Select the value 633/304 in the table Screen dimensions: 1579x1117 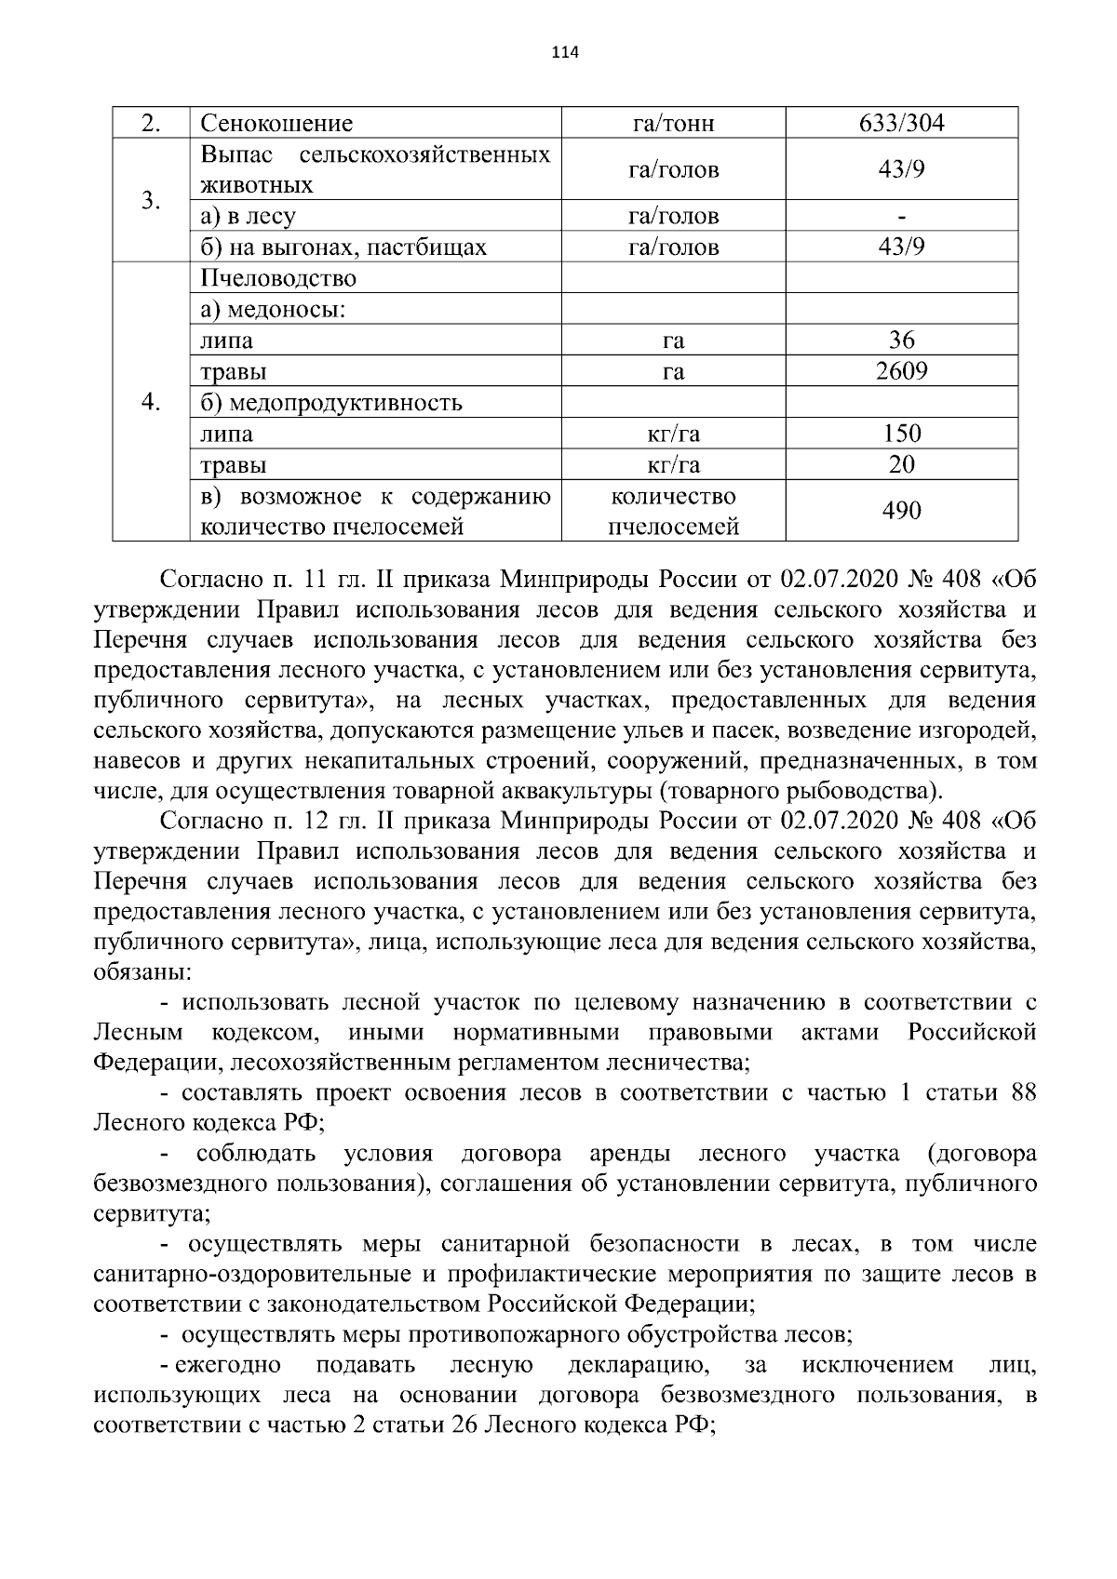901,124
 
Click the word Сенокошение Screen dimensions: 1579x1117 276,124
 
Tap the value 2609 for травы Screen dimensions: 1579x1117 901,371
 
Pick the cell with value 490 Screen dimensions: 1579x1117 901,510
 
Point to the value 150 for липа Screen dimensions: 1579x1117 901,434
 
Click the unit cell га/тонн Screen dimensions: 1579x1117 673,124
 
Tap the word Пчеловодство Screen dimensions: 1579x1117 278,278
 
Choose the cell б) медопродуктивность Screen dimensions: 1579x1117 331,403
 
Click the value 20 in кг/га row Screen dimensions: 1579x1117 901,464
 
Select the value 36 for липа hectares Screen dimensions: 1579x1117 901,341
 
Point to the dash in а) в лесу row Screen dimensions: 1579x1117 901,217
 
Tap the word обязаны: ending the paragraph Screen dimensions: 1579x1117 143,972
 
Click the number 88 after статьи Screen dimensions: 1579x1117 1023,1092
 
